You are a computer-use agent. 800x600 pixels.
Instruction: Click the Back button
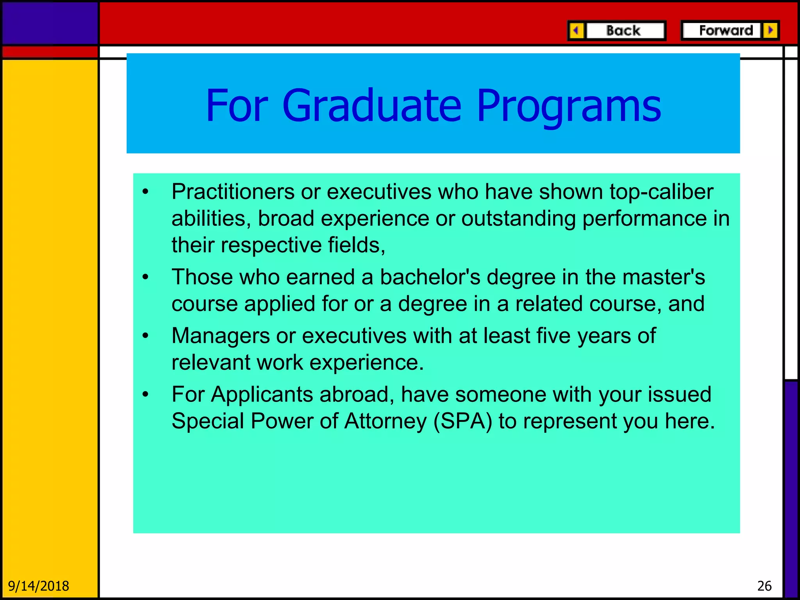[624, 30]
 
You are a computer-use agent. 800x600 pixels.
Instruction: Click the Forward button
[725, 30]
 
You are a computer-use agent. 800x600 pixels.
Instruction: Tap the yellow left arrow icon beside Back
[576, 30]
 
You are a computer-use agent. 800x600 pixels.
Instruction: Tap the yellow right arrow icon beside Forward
[770, 30]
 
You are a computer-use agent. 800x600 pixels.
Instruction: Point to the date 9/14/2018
[38, 586]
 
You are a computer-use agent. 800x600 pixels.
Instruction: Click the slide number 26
[764, 586]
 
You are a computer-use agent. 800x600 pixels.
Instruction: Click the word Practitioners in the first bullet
[233, 192]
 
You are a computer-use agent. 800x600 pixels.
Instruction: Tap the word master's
[663, 277]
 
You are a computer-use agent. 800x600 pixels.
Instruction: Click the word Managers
[221, 336]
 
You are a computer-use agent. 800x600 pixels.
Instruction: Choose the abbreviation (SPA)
[462, 421]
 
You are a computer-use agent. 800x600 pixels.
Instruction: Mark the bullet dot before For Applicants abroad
[146, 395]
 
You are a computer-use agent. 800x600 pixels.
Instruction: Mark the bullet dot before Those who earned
[146, 277]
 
